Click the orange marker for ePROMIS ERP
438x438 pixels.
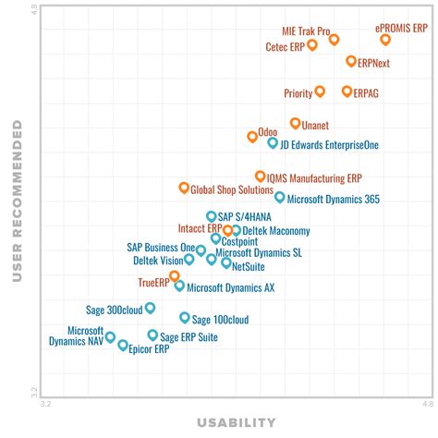385,40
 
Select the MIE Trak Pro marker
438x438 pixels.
334,39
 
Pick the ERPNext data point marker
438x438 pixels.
351,61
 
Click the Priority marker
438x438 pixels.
320,91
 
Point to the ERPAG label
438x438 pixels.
367,93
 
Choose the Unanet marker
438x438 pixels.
295,123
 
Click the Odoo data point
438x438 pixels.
252,136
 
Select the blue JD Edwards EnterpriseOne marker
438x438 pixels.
273,142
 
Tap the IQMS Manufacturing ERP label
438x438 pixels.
314,177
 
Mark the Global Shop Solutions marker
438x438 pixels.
184,188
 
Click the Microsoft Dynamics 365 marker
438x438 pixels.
280,197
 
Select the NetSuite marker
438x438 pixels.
225,262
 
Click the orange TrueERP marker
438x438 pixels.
174,275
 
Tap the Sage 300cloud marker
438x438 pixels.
150,308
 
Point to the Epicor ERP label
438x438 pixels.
149,349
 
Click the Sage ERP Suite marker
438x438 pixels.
152,335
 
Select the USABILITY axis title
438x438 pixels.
237,423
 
